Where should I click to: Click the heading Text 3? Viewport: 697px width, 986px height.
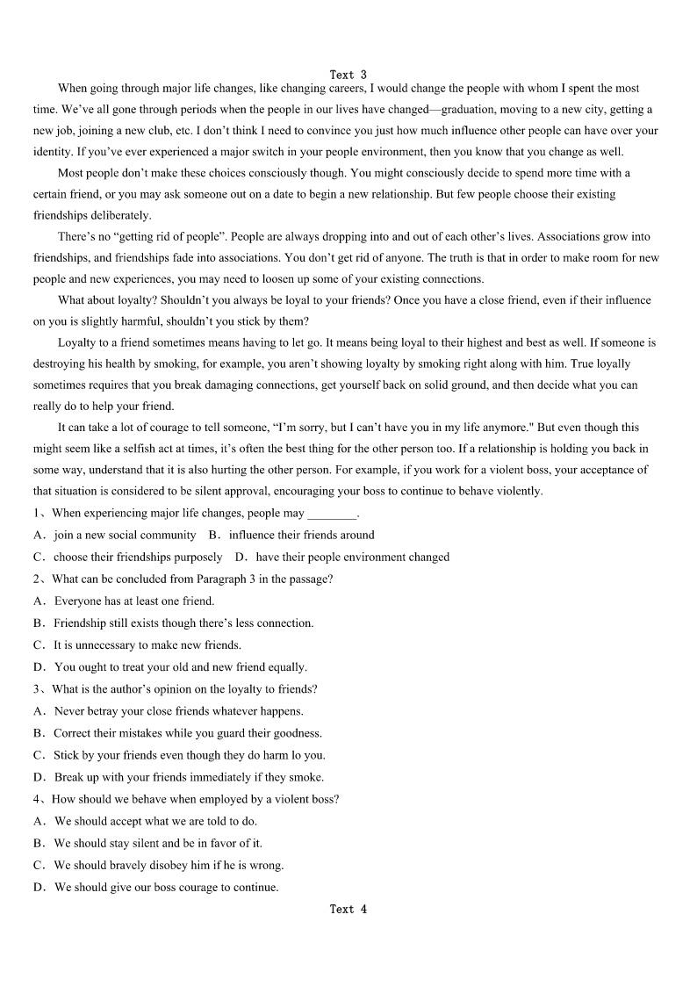pyautogui.click(x=348, y=75)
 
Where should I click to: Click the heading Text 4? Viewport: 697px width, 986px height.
pyautogui.click(x=348, y=909)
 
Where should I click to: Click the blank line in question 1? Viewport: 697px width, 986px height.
pyautogui.click(x=333, y=514)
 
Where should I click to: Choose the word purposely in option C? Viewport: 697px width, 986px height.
pyautogui.click(x=197, y=557)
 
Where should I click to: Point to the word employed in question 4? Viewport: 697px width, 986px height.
pyautogui.click(x=195, y=799)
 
